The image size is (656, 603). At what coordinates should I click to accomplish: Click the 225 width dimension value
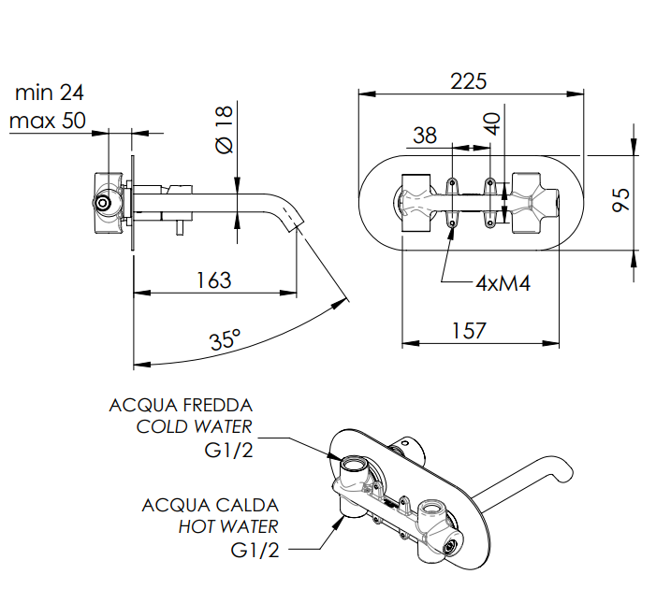[x=469, y=81]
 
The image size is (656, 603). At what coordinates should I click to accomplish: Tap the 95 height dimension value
[x=620, y=200]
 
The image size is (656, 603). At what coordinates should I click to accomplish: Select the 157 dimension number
[x=469, y=330]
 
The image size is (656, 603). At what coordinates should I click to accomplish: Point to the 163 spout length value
[x=213, y=280]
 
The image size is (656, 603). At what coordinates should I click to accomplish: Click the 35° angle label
[x=226, y=338]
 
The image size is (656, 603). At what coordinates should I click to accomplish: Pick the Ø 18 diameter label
[x=224, y=130]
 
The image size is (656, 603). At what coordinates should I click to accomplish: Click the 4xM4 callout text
[x=503, y=284]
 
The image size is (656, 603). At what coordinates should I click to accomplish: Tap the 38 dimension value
[x=425, y=136]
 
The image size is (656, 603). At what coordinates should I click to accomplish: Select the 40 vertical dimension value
[x=492, y=124]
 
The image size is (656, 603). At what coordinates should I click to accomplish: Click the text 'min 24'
[x=50, y=93]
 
